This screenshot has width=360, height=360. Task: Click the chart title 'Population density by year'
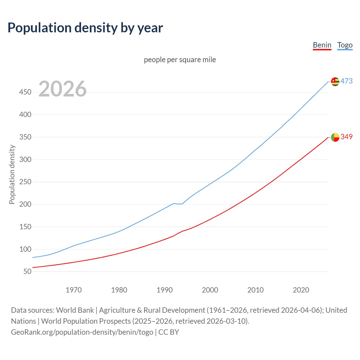tap(85, 28)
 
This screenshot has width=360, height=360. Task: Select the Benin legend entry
tap(322, 45)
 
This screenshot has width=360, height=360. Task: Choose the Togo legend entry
tap(345, 45)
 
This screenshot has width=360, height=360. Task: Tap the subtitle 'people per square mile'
tap(180, 60)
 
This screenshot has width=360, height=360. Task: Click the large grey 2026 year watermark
tap(62, 89)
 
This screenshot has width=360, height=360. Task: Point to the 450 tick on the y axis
tap(25, 92)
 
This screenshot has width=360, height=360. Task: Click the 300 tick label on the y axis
tap(25, 159)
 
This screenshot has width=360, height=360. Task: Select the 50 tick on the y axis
tap(27, 271)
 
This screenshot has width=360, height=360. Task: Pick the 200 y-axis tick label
tap(25, 204)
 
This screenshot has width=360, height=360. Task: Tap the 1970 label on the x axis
tap(74, 290)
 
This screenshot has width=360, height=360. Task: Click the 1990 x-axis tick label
tap(165, 290)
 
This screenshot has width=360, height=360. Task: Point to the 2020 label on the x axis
tap(301, 290)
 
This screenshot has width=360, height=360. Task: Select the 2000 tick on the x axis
tap(210, 290)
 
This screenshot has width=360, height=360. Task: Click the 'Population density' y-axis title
tap(12, 174)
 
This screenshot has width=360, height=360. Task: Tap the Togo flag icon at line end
tap(335, 82)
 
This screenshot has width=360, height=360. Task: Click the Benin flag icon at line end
tap(335, 137)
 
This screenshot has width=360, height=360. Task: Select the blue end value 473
tap(346, 81)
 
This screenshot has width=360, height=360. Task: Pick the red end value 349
tap(346, 137)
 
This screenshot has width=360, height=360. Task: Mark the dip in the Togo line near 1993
tap(178, 204)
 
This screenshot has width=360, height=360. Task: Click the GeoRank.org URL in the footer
tap(82, 332)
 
